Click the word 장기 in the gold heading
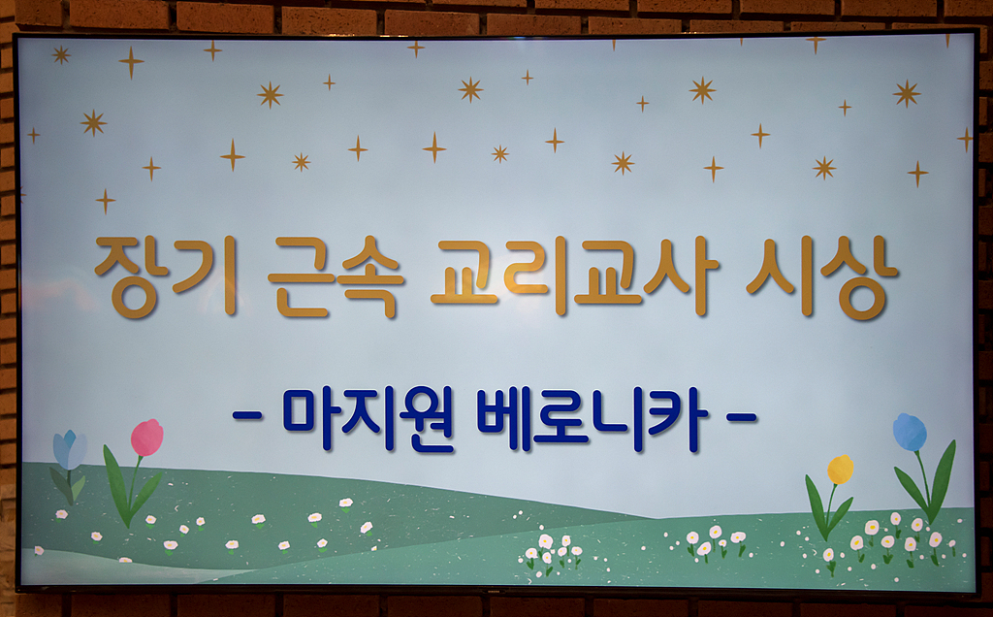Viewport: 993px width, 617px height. (165, 276)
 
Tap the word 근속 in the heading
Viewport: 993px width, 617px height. (336, 276)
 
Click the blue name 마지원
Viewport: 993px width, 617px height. (368, 420)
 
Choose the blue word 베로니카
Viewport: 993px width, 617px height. (592, 420)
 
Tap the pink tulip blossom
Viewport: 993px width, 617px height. (146, 438)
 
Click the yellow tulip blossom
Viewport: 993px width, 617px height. (840, 470)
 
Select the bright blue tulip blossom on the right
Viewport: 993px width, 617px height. (910, 432)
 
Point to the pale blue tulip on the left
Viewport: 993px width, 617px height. (69, 449)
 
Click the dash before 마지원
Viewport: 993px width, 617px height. (248, 417)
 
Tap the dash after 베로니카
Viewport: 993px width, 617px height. (742, 417)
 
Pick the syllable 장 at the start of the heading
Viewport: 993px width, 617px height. (127, 276)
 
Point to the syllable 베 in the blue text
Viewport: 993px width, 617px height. (504, 420)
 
